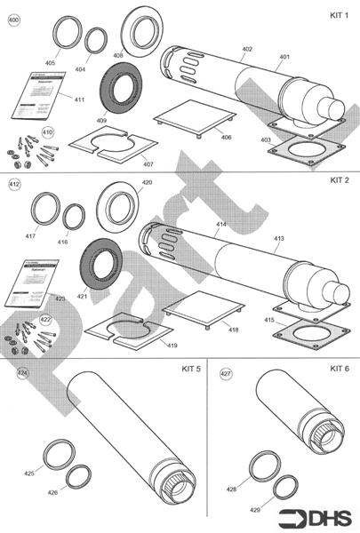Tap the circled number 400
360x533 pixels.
pyautogui.click(x=13, y=17)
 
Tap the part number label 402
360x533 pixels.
pyautogui.click(x=247, y=49)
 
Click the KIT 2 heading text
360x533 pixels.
pyautogui.click(x=339, y=180)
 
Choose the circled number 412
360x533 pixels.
pyautogui.click(x=13, y=184)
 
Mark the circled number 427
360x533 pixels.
pyautogui.click(x=226, y=374)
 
